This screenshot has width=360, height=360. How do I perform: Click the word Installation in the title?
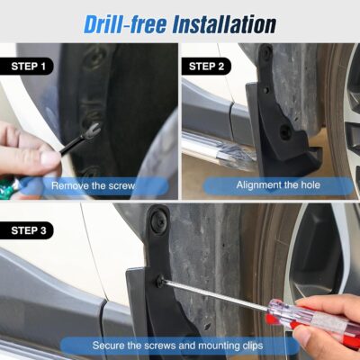[225, 22]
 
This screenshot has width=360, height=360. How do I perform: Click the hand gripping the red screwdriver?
[333, 328]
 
